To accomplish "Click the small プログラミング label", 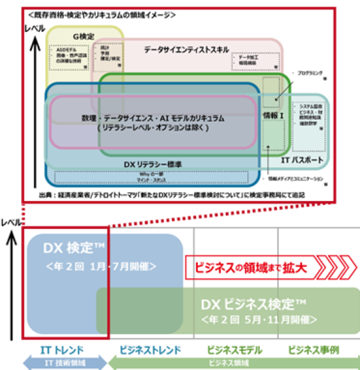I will pos(310,73).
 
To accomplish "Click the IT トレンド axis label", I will pos(62,350).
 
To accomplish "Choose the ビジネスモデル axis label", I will pos(235,350).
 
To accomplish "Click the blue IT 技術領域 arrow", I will pos(61,362).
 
